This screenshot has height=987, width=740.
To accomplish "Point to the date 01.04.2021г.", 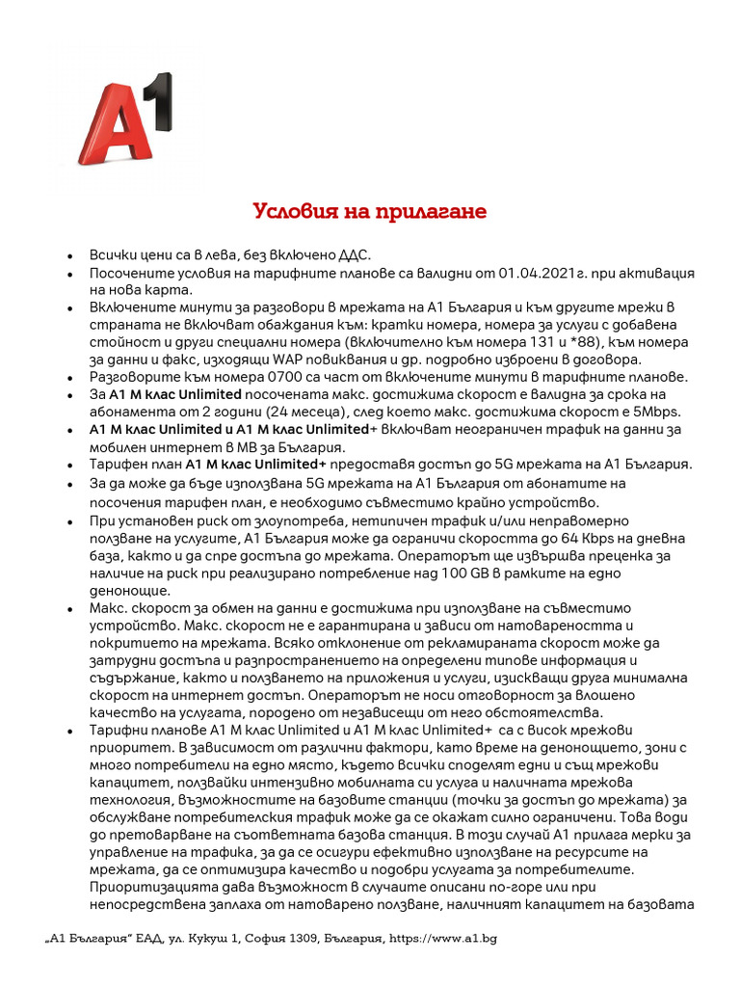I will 541,273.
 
